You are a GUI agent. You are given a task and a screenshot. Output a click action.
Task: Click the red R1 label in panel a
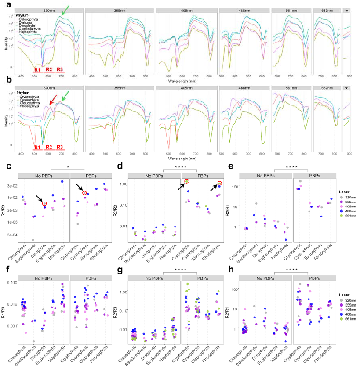(x=38, y=70)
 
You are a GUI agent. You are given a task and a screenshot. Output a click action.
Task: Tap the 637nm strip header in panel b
(x=327, y=88)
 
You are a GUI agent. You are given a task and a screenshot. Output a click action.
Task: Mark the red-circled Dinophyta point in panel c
(x=44, y=203)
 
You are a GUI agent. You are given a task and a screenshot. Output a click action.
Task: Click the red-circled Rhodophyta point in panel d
(x=219, y=183)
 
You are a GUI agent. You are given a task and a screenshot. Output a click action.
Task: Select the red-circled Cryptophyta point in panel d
(x=187, y=181)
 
